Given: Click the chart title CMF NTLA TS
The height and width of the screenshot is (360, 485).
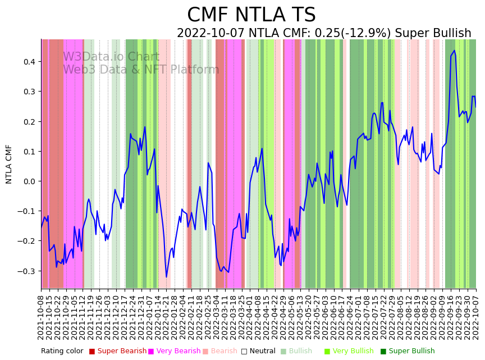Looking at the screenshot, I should click(251, 15).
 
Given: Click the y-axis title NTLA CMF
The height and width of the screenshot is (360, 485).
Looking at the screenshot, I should click(9, 164).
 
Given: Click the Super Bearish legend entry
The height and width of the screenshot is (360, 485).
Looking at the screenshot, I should click(117, 351).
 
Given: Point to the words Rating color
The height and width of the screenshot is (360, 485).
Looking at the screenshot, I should click(62, 351).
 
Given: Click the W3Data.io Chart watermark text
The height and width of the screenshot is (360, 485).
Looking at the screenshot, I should click(111, 57).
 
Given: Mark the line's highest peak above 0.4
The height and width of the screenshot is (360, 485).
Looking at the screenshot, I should click(454, 51).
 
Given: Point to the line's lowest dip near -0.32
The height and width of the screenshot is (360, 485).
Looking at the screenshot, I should click(166, 277).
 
